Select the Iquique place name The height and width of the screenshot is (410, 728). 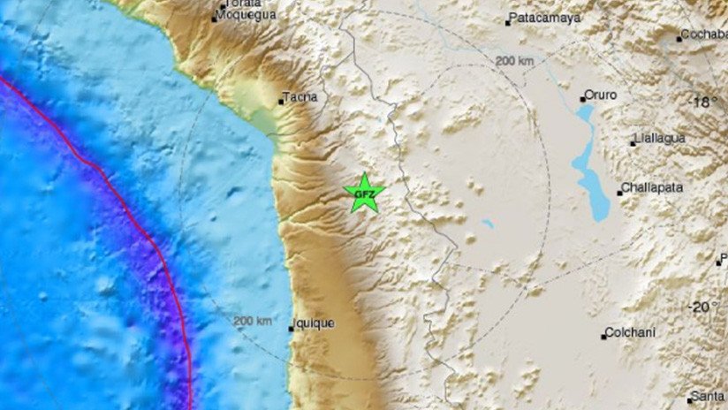coord(315,323)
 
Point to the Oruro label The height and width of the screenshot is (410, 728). coord(602,95)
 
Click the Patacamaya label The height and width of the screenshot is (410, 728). coord(545,19)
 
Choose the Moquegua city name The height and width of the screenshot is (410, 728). coord(246,15)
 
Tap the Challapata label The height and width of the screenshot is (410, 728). coord(653,187)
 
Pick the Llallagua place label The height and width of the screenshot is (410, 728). coord(664,139)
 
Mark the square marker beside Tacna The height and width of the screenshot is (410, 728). coord(281,102)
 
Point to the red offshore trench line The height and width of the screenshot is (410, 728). coord(141,221)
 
